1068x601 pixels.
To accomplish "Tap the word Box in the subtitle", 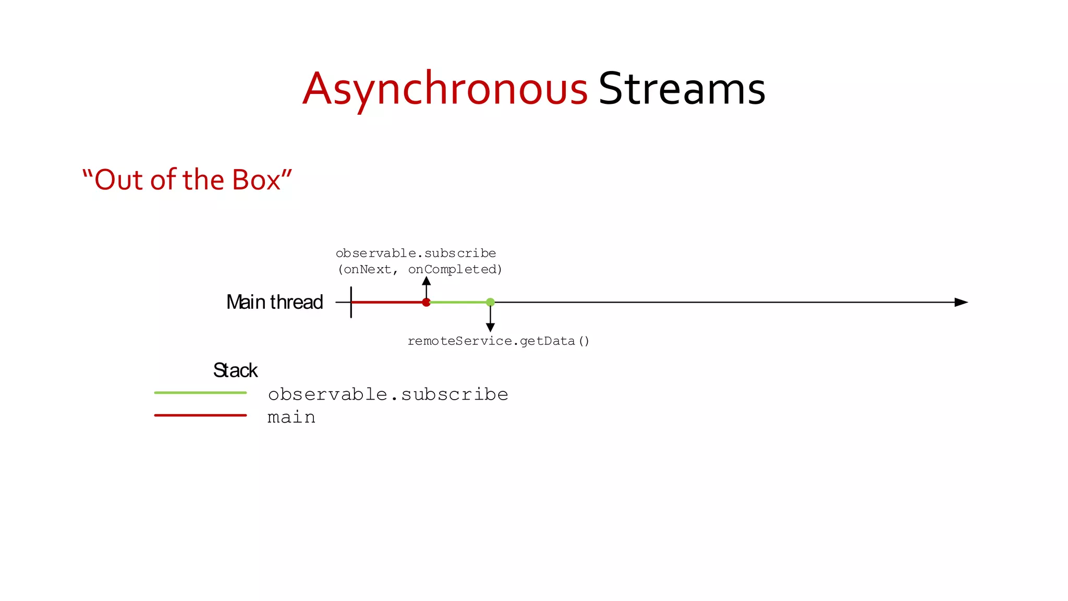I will (256, 180).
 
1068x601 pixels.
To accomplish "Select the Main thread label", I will (274, 302).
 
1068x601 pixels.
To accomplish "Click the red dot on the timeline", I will (426, 302).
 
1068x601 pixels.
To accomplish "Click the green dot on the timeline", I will (490, 302).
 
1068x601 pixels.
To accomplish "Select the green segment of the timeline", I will (458, 302).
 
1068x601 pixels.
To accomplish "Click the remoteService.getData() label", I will (498, 341).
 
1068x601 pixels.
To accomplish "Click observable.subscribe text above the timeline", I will (416, 254).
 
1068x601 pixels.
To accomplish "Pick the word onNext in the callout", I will (368, 270).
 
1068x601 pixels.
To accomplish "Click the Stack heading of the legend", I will (235, 370).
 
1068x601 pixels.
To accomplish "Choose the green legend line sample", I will (200, 393).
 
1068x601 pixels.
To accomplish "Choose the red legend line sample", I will (200, 415).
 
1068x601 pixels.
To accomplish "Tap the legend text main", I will (291, 417).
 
